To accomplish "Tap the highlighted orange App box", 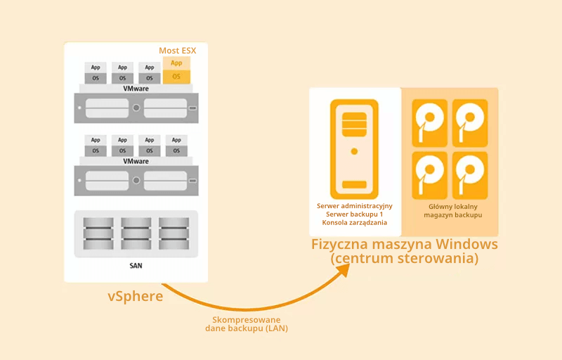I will [176, 63].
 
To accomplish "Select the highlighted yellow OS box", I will [176, 76].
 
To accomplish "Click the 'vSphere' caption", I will [136, 296].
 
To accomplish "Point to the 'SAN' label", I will [136, 266].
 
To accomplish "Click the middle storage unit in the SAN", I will [136, 233].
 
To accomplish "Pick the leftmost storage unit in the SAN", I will [98, 233].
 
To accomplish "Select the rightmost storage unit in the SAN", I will [174, 233].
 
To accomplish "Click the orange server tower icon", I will [354, 148].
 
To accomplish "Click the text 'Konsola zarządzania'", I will [354, 223].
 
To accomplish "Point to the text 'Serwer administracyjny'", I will [354, 206].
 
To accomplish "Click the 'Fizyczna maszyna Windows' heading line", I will [405, 245].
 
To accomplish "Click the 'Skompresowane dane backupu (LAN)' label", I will [247, 324].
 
